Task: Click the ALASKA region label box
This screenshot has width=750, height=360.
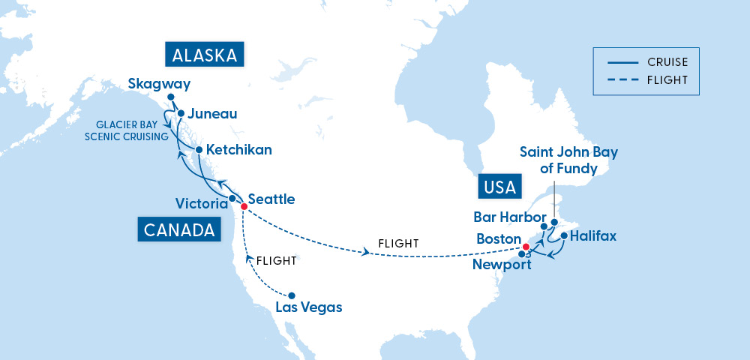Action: click(205, 55)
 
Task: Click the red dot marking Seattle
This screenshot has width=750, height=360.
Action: click(243, 206)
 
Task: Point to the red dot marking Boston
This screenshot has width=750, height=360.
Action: click(526, 247)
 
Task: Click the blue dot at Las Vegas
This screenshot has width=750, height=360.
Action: click(292, 295)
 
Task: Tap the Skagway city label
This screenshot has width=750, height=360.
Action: click(159, 83)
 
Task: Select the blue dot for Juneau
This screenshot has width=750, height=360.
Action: click(180, 113)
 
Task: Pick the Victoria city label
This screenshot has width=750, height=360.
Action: click(201, 204)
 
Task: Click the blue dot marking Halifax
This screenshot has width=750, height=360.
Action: click(563, 236)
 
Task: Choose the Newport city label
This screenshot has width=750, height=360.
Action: click(502, 264)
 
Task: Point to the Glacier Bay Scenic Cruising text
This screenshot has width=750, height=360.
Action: click(126, 130)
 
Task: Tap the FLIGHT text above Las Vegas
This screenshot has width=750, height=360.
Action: click(276, 262)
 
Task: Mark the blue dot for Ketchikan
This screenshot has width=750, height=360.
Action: click(199, 150)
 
